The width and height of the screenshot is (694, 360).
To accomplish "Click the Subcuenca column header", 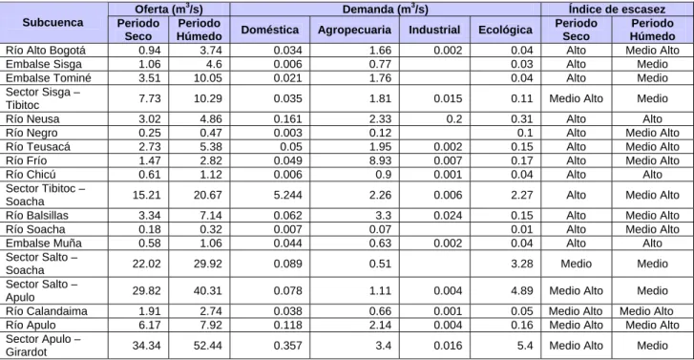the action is [x=53, y=23].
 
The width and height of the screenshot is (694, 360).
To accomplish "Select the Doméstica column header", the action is [x=270, y=30].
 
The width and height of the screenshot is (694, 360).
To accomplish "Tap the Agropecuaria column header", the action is [x=354, y=30].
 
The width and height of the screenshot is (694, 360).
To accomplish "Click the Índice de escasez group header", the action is [x=617, y=9].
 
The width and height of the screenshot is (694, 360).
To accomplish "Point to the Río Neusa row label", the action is [x=32, y=118].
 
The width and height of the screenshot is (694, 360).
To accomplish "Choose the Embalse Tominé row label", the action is [x=49, y=78].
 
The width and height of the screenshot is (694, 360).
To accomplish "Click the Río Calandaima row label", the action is [x=47, y=311].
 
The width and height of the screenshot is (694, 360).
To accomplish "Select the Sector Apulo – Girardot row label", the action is [x=43, y=346].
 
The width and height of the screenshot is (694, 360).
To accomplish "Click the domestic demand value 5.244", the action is [x=287, y=195].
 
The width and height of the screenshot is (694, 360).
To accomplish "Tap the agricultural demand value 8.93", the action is [x=380, y=160].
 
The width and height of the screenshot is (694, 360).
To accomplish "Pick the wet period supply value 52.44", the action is [x=207, y=346].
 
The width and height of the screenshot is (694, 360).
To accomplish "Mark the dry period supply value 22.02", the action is [x=146, y=264].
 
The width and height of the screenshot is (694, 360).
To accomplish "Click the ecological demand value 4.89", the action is [x=522, y=290].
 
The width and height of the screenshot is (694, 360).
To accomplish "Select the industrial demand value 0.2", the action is [x=453, y=118].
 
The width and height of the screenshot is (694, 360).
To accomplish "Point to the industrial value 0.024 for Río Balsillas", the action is [x=448, y=215].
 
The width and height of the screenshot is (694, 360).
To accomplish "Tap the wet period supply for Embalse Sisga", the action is [x=214, y=64].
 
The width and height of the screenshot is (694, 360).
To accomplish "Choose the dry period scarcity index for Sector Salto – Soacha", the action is [x=576, y=264].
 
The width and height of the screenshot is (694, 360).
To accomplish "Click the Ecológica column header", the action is [x=505, y=30].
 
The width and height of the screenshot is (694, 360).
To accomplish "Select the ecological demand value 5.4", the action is [x=525, y=346].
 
